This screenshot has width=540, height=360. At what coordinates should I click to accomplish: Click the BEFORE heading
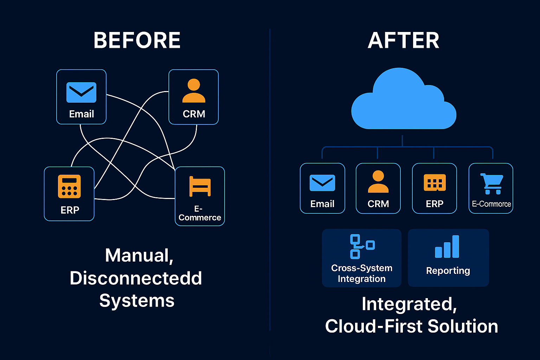click(137, 40)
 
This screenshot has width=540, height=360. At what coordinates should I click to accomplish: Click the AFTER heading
click(404, 40)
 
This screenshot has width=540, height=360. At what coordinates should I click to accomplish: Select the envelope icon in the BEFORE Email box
click(81, 92)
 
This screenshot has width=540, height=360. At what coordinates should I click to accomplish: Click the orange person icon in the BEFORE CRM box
click(194, 91)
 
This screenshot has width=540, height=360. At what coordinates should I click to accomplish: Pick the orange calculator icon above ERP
click(69, 186)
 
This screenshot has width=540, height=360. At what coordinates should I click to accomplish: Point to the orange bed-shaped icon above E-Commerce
click(200, 186)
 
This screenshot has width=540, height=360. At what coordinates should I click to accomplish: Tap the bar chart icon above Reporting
click(447, 247)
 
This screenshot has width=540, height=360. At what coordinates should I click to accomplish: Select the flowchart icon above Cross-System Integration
click(362, 246)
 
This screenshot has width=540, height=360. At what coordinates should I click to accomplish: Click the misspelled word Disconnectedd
click(136, 278)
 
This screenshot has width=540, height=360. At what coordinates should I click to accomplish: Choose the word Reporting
click(448, 271)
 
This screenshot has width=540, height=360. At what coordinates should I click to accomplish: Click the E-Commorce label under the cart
click(491, 204)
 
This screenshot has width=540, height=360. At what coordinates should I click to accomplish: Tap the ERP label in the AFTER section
click(435, 204)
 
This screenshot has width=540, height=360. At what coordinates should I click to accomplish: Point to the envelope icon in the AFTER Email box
click(322, 183)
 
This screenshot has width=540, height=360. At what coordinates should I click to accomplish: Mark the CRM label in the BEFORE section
click(194, 114)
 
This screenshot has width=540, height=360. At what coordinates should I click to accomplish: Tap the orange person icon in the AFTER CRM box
click(378, 182)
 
